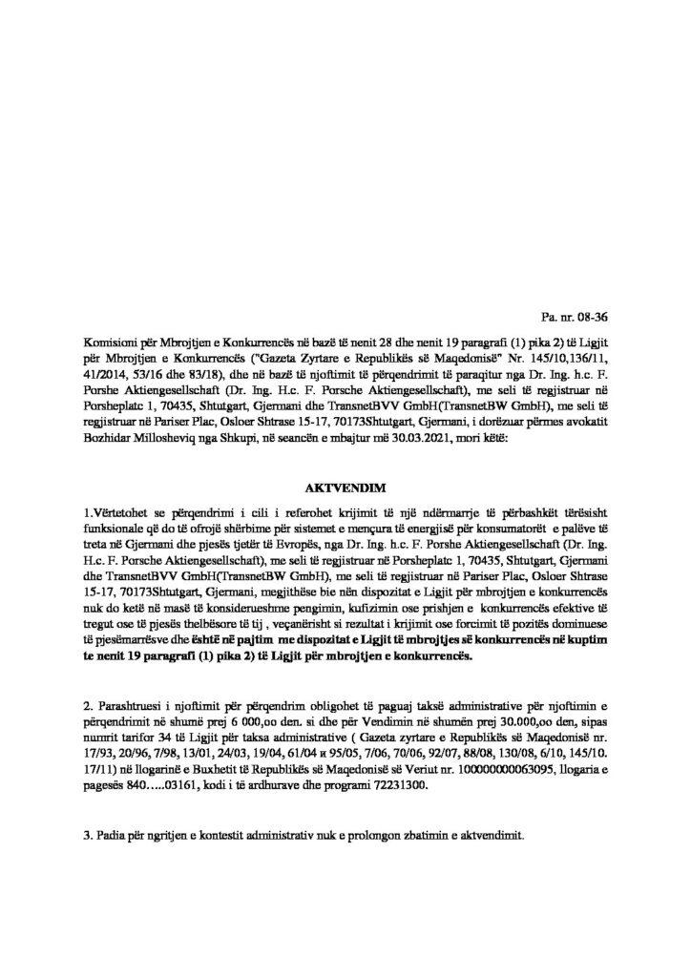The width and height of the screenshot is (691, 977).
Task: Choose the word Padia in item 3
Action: click(112, 835)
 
